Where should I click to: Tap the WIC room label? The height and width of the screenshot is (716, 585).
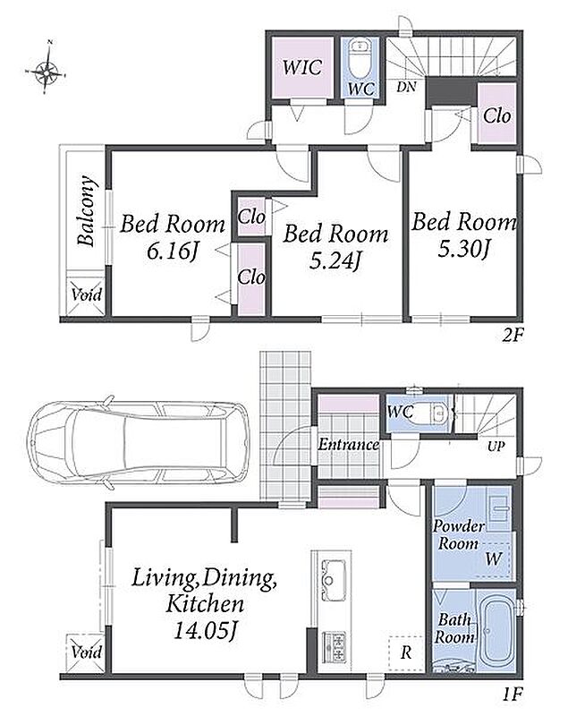coord(302,67)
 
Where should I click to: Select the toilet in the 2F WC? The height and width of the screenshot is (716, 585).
coord(361,60)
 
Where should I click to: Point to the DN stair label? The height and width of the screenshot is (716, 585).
coord(406,87)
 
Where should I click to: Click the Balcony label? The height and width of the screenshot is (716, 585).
coord(86,211)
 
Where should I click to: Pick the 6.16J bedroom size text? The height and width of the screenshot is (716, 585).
coord(173,251)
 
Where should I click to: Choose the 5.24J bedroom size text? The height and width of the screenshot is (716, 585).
coord(335,260)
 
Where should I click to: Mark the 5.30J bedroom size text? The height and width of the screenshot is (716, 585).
coord(464,250)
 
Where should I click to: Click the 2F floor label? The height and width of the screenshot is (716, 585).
coord(512,337)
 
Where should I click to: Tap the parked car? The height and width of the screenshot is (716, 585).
coord(139,441)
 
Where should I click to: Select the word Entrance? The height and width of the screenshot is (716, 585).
coord(348,444)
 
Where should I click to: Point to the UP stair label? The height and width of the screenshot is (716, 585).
coord(496,446)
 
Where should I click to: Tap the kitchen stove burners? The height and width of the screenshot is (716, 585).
coord(335,646)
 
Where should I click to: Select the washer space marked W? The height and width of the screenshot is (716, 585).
coord(493,558)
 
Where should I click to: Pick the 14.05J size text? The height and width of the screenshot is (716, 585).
coord(205,631)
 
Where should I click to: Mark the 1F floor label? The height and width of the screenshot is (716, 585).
coord(512,695)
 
